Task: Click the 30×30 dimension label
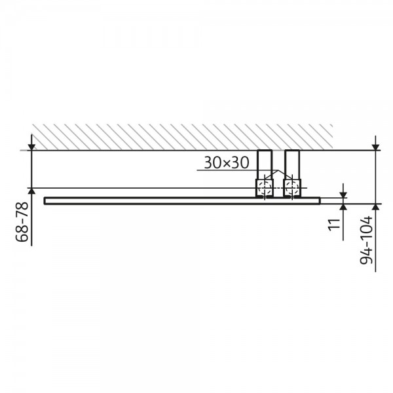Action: [x=227, y=162]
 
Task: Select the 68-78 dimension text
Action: [x=22, y=222]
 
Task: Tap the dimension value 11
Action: [x=335, y=223]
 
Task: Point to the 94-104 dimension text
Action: [x=366, y=240]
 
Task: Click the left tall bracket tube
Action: [x=265, y=164]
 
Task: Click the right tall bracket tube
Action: [x=292, y=164]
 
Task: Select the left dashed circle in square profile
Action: [x=265, y=188]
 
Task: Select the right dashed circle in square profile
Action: [x=292, y=188]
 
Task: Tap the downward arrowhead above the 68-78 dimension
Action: [x=31, y=147]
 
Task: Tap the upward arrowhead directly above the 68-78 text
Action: [x=31, y=191]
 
